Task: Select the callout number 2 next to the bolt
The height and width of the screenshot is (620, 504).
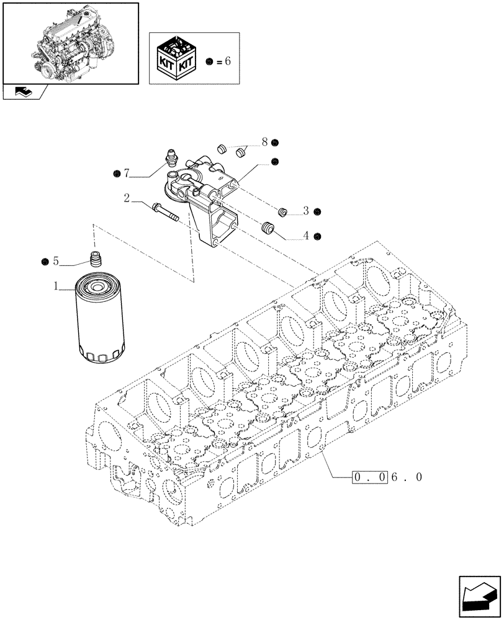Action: (127, 198)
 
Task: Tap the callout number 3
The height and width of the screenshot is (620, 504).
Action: (306, 211)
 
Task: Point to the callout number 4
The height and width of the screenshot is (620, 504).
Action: (306, 236)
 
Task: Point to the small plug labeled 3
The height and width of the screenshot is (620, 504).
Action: (282, 213)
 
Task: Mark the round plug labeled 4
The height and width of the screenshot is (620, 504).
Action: (269, 228)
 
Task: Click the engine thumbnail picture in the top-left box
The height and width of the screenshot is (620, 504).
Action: (70, 42)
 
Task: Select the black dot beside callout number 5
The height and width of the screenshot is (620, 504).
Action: (45, 261)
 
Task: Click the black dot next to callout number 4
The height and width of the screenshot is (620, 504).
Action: (317, 236)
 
